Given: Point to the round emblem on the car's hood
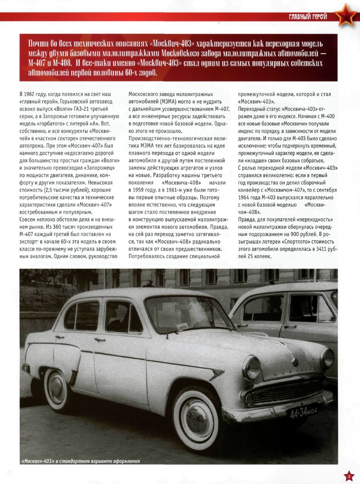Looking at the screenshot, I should (295, 362).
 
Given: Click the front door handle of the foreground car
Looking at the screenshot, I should (100, 340).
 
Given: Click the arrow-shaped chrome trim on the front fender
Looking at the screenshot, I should (215, 373).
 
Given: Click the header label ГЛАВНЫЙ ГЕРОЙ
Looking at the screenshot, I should (308, 17).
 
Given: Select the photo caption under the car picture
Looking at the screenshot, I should (81, 461).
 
